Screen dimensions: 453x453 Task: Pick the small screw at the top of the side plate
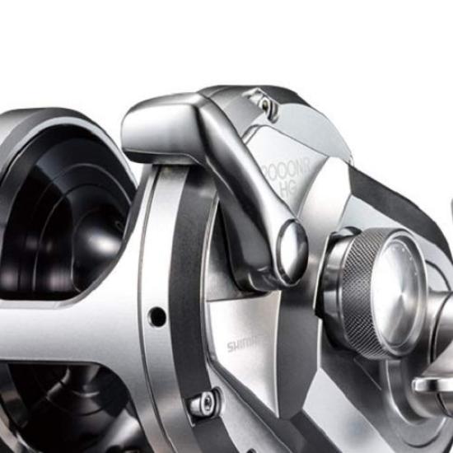click(x=263, y=102)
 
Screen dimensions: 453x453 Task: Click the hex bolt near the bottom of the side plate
click(x=203, y=404)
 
